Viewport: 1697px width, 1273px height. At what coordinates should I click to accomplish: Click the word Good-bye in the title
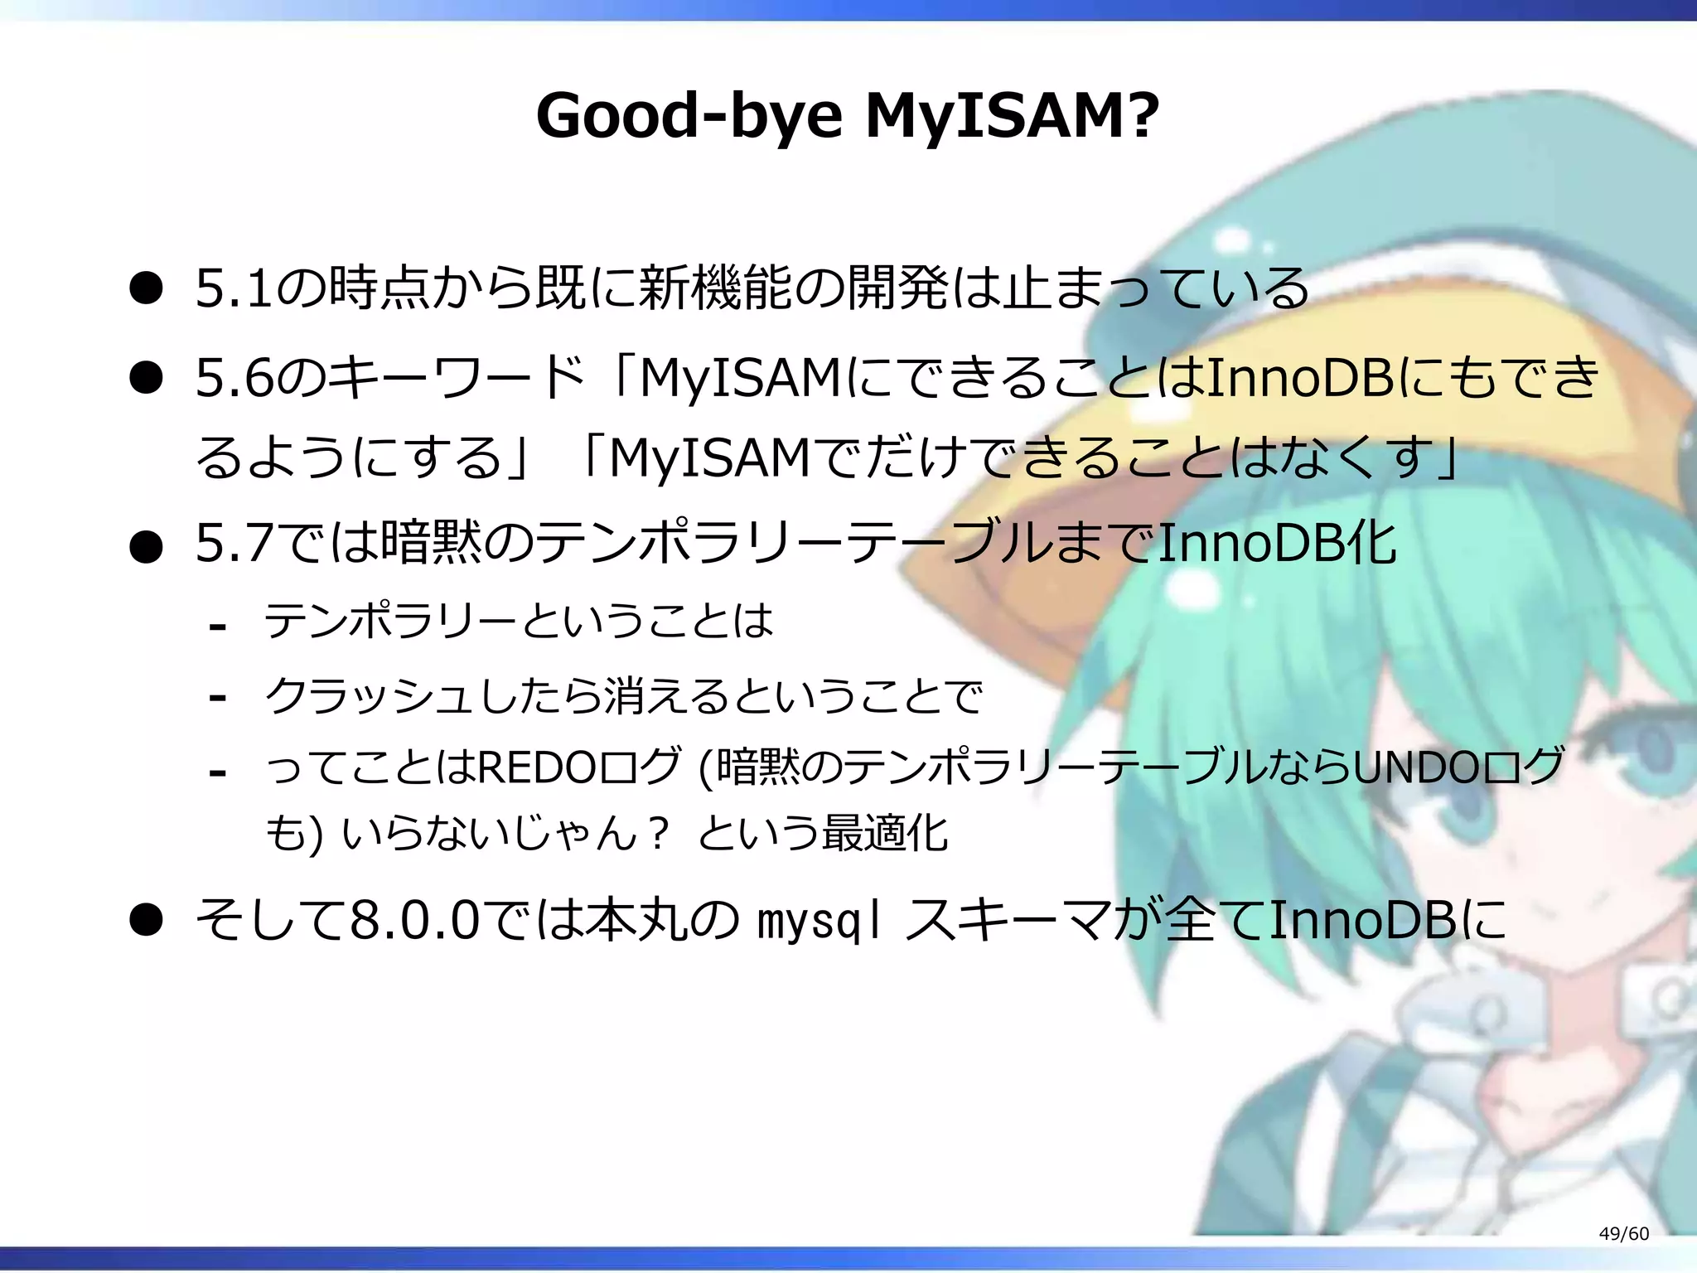click(689, 116)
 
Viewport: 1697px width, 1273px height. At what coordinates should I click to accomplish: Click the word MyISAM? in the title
click(1012, 116)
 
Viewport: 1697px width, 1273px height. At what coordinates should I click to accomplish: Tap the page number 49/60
click(1623, 1233)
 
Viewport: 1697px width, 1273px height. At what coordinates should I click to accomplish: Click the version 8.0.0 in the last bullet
click(415, 920)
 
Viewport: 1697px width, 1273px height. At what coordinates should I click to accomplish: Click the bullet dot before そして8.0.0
click(146, 921)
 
